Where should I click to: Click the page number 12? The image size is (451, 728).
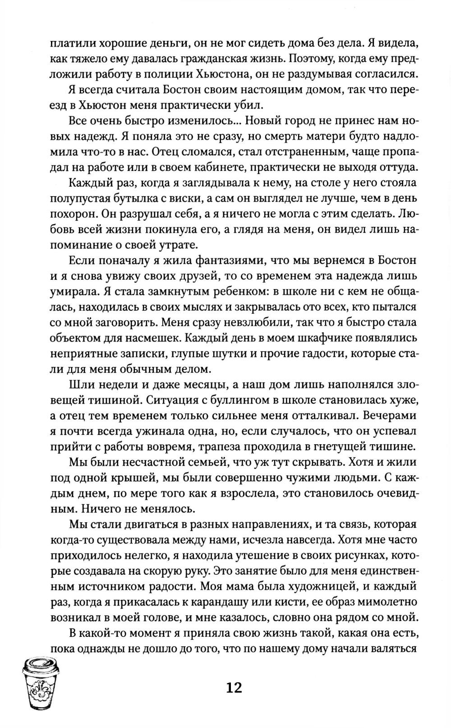pos(235,687)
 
